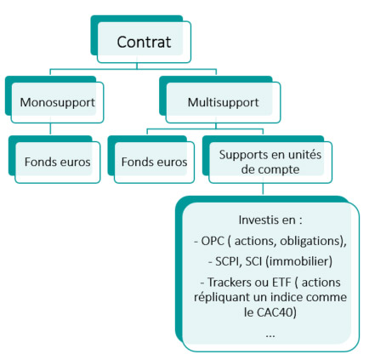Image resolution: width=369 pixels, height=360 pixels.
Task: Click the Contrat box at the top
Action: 144,41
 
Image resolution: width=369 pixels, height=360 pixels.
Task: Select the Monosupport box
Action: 57,103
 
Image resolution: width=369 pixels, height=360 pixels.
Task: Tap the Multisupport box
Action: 224,103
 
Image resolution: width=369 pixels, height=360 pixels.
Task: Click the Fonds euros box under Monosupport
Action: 58,159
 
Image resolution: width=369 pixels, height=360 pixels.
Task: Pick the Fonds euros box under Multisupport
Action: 154,159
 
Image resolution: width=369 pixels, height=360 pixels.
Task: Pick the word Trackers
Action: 229,280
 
